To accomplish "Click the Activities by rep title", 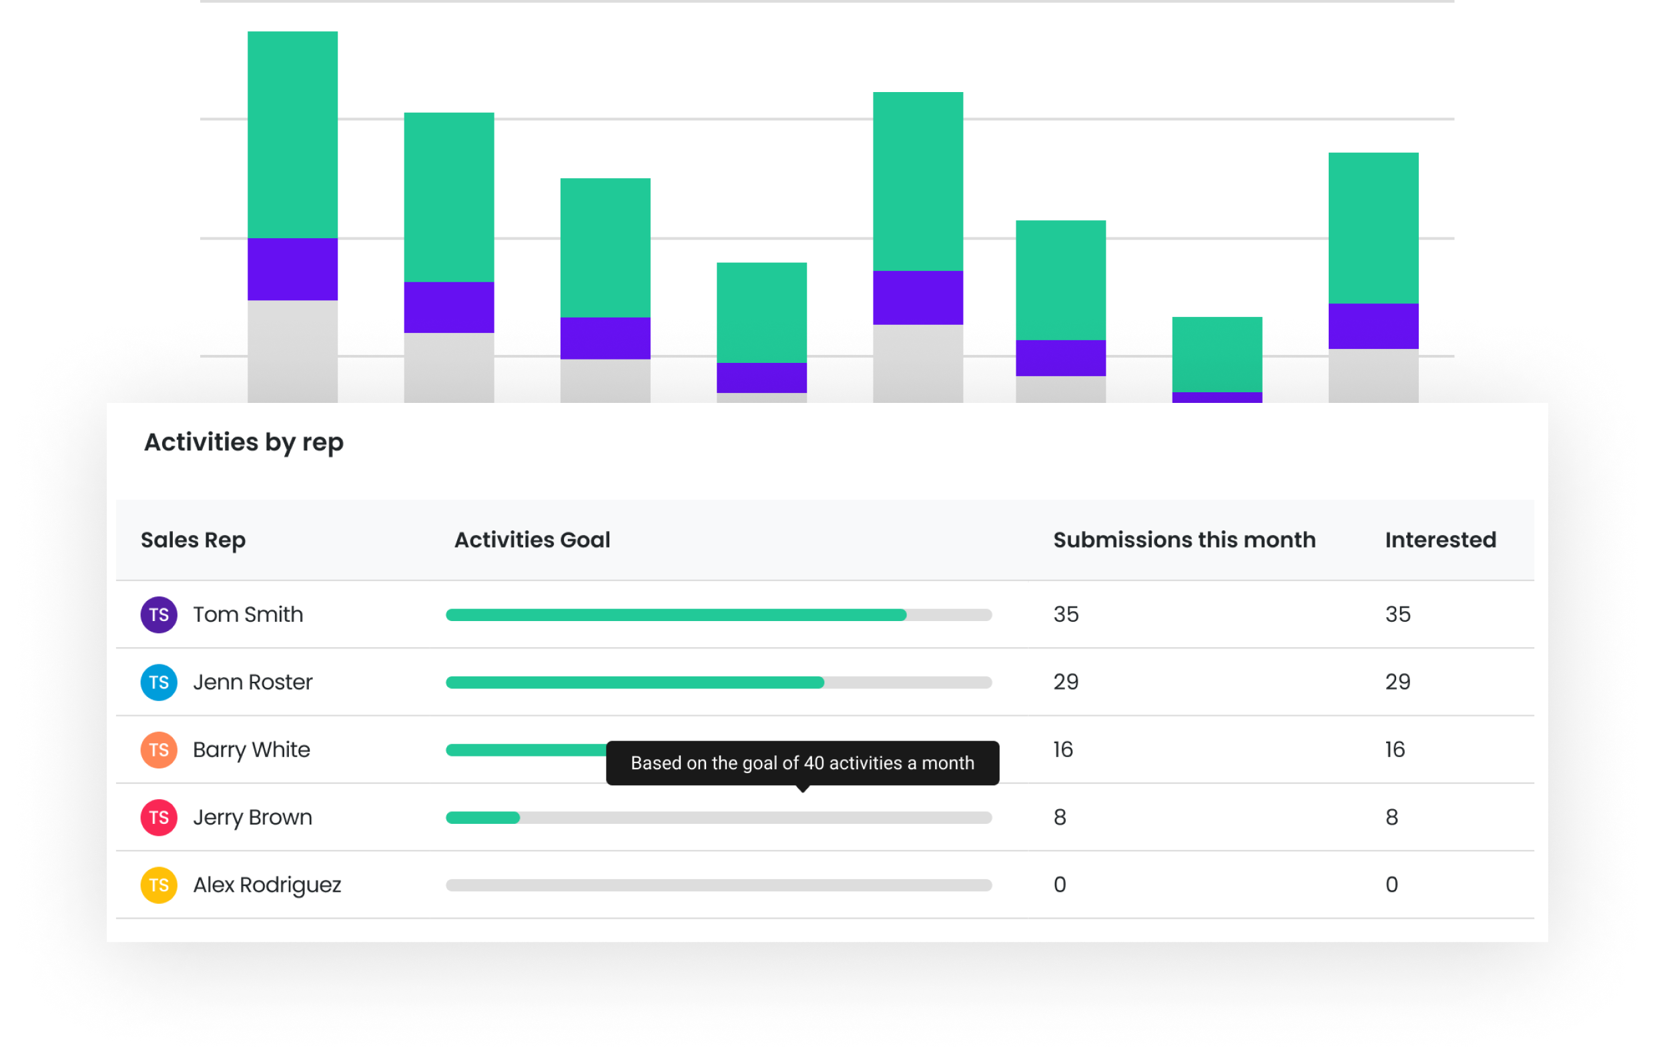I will click(x=243, y=442).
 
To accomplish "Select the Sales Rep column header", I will click(x=193, y=540).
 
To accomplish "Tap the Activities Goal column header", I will click(x=531, y=540).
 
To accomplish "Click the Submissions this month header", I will click(x=1183, y=540).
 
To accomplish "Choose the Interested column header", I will click(x=1439, y=540).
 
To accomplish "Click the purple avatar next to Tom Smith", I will click(x=159, y=614).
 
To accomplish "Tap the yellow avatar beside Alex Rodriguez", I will click(x=159, y=885).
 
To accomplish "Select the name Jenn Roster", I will click(x=252, y=682).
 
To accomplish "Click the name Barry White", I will click(x=251, y=750).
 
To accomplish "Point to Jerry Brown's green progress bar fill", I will click(x=482, y=818).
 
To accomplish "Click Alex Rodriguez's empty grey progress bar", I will click(x=718, y=885).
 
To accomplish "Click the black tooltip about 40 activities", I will click(x=802, y=762).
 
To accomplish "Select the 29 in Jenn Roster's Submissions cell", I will click(x=1065, y=682).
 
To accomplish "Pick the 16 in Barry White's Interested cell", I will click(x=1394, y=750).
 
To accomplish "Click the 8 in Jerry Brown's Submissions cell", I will click(x=1060, y=818).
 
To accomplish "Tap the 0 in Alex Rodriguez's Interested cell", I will click(x=1391, y=885).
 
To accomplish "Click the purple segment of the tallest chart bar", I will click(x=292, y=269).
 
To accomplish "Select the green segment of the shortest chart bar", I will click(x=1217, y=354).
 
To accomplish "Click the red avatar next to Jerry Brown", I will click(x=159, y=818).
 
